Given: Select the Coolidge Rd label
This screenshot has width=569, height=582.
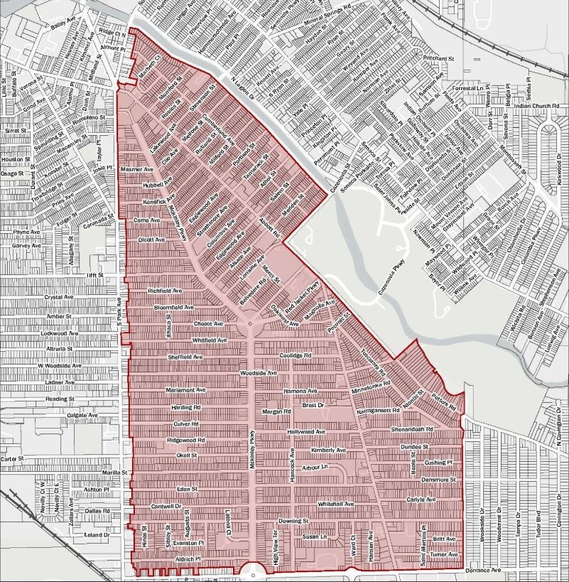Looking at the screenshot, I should [296, 355].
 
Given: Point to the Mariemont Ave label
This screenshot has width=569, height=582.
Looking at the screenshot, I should [185, 390].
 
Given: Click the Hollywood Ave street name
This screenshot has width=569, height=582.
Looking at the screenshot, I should [306, 431].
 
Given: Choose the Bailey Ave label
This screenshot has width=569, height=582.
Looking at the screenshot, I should [63, 26].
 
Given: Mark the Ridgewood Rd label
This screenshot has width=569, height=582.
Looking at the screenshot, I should [185, 441].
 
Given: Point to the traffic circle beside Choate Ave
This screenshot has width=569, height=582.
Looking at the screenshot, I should [250, 324].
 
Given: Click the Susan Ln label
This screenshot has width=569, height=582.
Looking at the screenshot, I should [313, 537].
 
